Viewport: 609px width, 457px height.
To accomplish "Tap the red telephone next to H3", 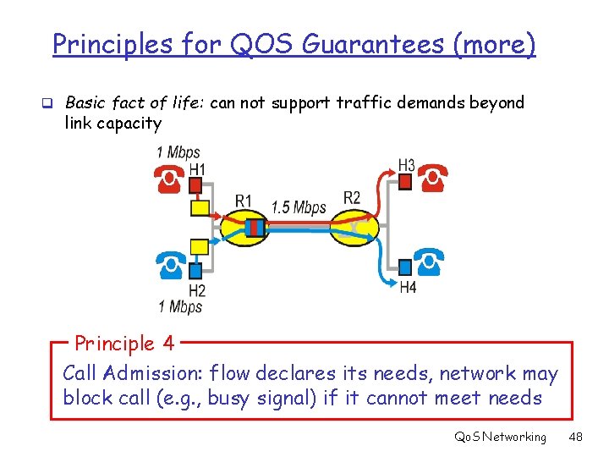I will click(434, 177).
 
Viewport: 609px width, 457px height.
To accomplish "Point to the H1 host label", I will click(197, 170).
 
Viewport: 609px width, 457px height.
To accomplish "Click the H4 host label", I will click(408, 288).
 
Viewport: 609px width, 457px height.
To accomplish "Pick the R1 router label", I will click(244, 201).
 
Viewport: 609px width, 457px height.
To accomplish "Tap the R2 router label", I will click(352, 198).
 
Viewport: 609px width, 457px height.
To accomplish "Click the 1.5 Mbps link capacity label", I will click(299, 206).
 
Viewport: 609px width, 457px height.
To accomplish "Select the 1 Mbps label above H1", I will click(178, 152).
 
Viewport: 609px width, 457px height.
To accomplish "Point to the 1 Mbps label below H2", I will click(179, 306).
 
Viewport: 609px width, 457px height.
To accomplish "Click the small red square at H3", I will click(405, 180).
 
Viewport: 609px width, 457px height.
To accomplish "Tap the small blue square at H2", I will click(196, 271).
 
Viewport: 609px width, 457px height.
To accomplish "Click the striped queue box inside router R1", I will click(255, 226).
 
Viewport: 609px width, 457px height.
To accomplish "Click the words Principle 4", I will click(124, 344).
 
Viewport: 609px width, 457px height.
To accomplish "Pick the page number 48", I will click(576, 437).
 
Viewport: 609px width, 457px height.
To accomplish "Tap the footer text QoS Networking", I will click(501, 437).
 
